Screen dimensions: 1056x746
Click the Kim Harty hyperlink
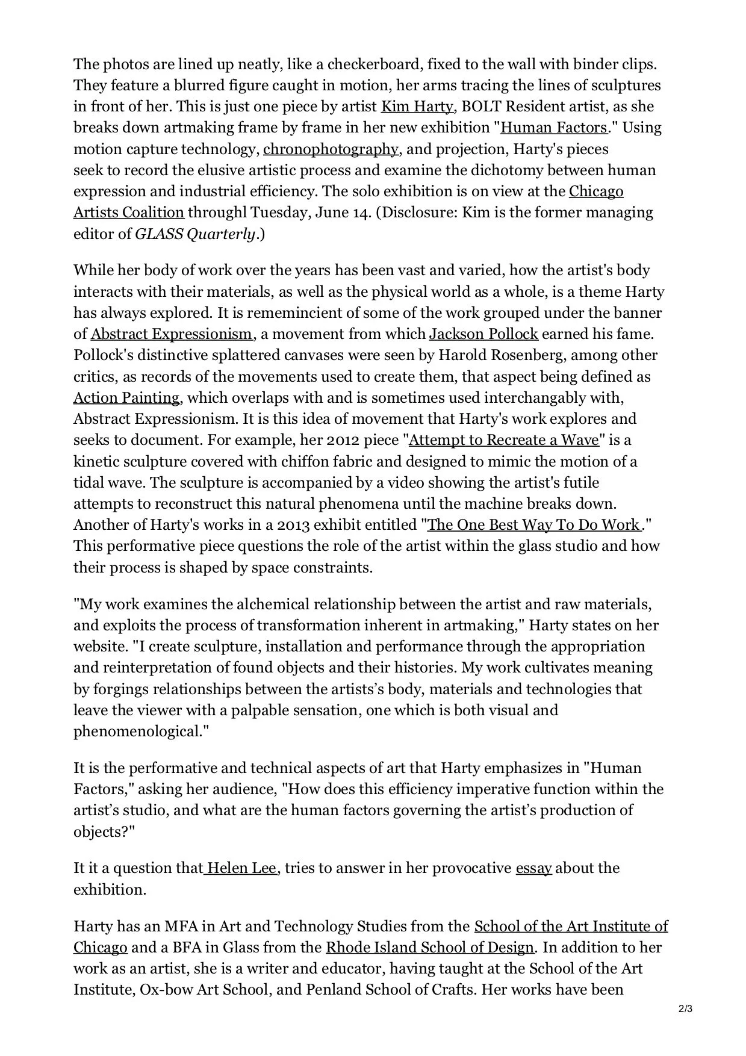[x=417, y=107]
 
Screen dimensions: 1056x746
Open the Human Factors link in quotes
[x=554, y=128]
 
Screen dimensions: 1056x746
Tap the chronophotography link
[x=331, y=149]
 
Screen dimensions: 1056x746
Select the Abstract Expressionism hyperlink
[x=172, y=334]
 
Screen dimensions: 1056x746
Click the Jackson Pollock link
[x=483, y=334]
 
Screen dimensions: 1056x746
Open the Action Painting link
[x=126, y=398]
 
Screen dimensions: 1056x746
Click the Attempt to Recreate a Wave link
[x=504, y=440]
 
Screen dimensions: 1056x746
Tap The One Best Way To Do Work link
[x=534, y=525]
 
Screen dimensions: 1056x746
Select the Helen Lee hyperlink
[x=241, y=868]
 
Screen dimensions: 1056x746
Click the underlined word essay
[x=533, y=868]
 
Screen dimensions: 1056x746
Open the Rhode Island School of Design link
[x=429, y=948]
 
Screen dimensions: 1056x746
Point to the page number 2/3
[x=685, y=1010]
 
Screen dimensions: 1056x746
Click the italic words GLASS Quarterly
[x=195, y=234]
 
